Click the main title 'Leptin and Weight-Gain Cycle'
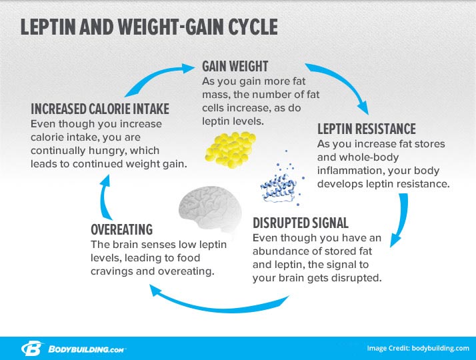[x=149, y=27]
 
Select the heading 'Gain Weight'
[x=235, y=67]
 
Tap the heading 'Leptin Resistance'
[x=367, y=129]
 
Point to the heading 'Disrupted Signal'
[x=300, y=223]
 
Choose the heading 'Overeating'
[x=121, y=230]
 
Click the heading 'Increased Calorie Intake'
[x=100, y=109]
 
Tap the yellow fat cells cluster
[x=231, y=149]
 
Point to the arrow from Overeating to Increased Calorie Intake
[x=104, y=197]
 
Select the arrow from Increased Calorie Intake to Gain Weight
[x=155, y=77]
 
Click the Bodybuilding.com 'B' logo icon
[x=31, y=349]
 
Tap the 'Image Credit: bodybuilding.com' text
[x=418, y=349]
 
